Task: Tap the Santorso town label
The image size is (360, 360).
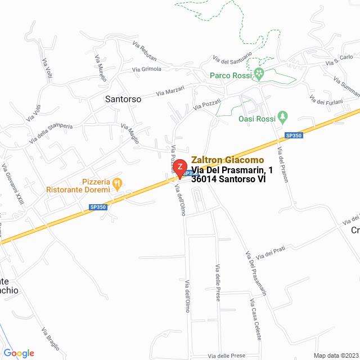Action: click(123, 98)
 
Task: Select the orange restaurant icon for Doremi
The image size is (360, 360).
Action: click(117, 182)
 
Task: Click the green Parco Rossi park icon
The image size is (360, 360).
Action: click(259, 74)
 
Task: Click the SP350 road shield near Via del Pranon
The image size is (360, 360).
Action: click(294, 136)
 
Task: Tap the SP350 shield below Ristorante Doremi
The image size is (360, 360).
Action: click(98, 208)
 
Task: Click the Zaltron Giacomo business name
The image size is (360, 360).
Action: click(227, 160)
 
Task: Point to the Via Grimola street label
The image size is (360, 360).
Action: click(146, 69)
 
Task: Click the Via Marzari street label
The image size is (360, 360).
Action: click(170, 90)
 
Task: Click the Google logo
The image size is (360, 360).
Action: click(19, 353)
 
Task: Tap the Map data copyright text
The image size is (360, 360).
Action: click(335, 355)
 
